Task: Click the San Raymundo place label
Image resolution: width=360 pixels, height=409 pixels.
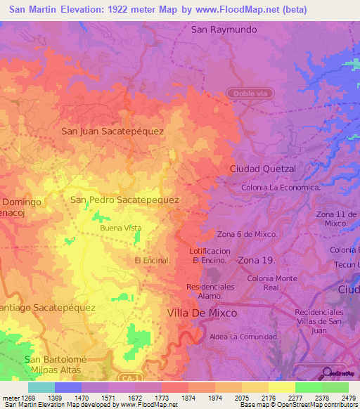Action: click(x=224, y=30)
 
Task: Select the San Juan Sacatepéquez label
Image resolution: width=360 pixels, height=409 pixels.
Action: click(x=112, y=131)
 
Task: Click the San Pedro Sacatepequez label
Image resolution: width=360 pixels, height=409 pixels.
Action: click(x=124, y=200)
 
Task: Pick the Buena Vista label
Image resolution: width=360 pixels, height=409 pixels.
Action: click(x=120, y=228)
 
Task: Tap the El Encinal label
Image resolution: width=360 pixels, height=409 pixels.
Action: click(x=153, y=260)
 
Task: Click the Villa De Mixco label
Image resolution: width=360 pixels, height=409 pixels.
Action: click(x=202, y=313)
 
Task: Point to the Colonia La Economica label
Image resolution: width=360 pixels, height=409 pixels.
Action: click(x=281, y=188)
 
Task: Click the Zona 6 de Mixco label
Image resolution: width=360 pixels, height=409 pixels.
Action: click(x=247, y=234)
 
